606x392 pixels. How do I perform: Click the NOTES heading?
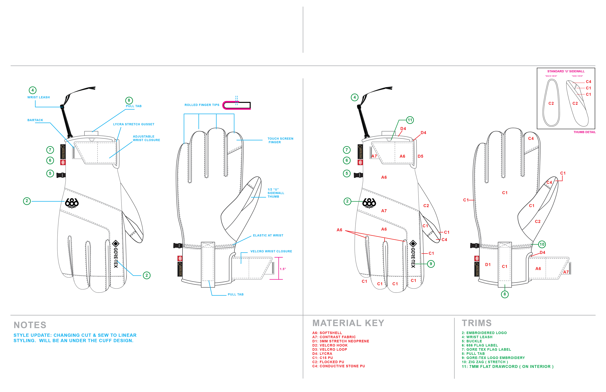point(30,325)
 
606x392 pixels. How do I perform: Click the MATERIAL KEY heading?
point(348,323)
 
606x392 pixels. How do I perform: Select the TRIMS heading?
point(476,323)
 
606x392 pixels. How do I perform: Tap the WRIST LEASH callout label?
point(39,97)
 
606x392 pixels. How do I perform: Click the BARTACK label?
point(35,120)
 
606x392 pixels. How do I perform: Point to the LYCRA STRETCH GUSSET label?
point(134,124)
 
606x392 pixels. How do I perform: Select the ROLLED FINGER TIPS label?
point(202,105)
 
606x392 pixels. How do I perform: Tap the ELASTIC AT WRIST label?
point(268,236)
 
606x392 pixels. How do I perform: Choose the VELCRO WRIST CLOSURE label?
point(271,251)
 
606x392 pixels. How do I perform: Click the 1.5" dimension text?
point(283,269)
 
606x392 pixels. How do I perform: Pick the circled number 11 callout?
point(410,120)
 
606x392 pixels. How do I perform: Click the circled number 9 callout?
point(431,264)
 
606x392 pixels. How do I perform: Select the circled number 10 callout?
point(542,244)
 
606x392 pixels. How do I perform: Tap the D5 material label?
point(420,156)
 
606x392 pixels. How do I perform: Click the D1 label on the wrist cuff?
point(488,265)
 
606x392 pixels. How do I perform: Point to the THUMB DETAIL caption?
point(584,132)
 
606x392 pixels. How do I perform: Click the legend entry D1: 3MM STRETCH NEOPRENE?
point(340,341)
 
